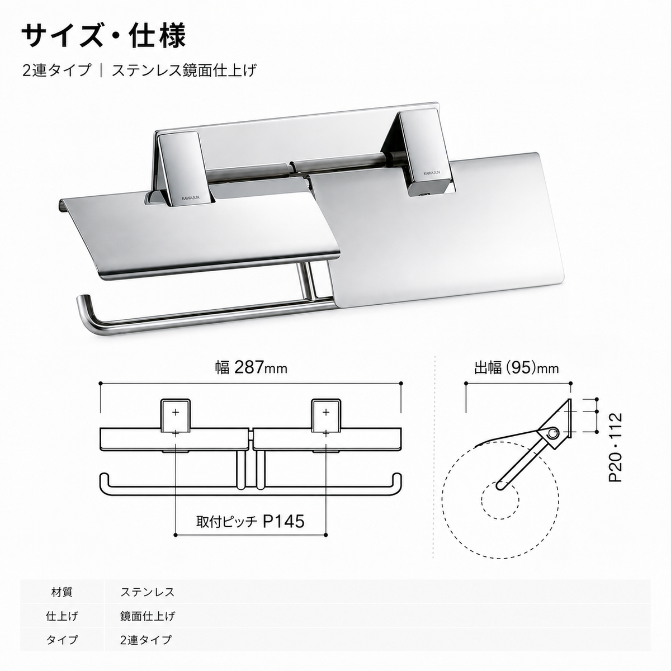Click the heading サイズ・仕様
[x=103, y=36]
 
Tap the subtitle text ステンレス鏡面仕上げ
[x=184, y=70]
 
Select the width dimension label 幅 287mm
[x=251, y=368]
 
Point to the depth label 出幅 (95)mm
[x=517, y=368]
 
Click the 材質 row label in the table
[x=62, y=592]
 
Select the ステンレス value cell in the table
[x=147, y=592]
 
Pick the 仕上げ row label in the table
[x=62, y=616]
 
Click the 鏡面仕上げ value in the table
[x=148, y=616]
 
